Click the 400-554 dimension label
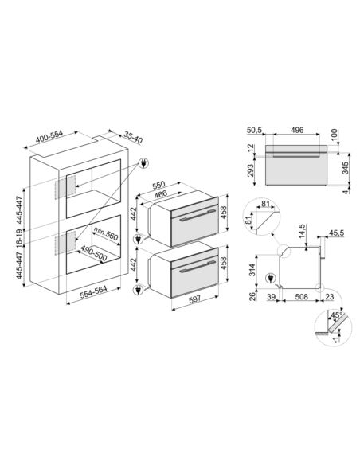tap(49, 137)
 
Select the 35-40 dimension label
tap(133, 137)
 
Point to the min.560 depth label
tap(106, 233)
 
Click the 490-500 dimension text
tap(94, 253)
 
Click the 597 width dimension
tap(195, 299)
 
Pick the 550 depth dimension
tap(158, 185)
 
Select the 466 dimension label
tap(160, 194)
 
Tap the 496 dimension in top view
tap(297, 130)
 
